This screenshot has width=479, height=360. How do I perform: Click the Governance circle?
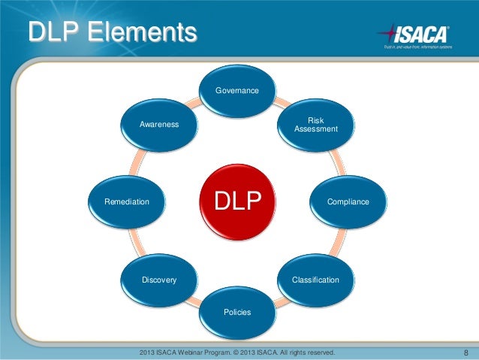(237, 91)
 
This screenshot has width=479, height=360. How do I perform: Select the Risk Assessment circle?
(316, 125)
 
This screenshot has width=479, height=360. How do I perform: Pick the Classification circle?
(315, 280)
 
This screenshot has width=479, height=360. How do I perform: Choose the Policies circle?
(237, 311)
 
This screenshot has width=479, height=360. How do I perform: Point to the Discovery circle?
(159, 280)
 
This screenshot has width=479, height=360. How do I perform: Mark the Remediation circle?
(127, 202)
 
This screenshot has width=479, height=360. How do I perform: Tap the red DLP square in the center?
(237, 201)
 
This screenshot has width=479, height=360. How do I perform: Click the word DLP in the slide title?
(53, 33)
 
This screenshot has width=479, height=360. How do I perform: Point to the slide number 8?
(466, 352)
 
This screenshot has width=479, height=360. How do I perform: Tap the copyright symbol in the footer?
(255, 352)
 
